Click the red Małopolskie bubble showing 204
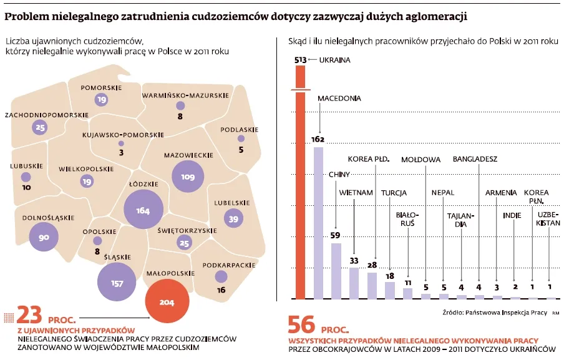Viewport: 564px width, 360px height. (x=167, y=302)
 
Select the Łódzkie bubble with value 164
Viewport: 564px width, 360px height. (x=143, y=210)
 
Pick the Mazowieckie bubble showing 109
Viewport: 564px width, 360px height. (x=187, y=177)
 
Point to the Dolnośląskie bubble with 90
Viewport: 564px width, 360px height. (x=44, y=237)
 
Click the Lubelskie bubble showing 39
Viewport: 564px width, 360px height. (x=233, y=219)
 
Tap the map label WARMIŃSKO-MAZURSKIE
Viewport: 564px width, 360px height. (x=185, y=95)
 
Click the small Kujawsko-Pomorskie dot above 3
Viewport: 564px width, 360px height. (x=121, y=144)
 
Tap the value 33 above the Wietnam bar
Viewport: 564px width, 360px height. (x=353, y=261)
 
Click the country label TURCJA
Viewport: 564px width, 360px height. (x=394, y=193)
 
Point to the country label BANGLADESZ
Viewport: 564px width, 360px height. (x=475, y=158)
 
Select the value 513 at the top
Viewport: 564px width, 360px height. (x=300, y=60)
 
